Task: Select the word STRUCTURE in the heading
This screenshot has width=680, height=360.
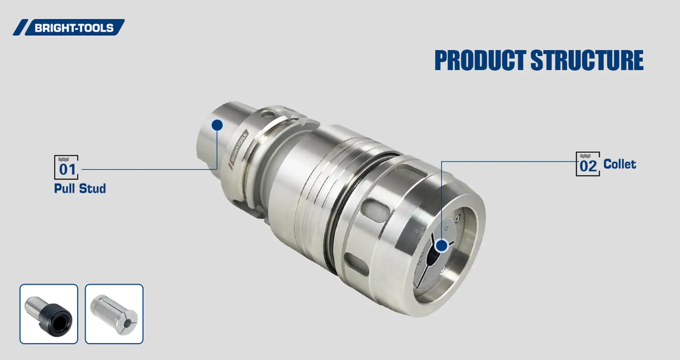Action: tap(587, 60)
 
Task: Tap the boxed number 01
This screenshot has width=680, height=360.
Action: tap(66, 168)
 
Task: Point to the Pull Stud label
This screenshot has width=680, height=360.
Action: tap(80, 188)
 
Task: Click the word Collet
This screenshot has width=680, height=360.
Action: tap(619, 164)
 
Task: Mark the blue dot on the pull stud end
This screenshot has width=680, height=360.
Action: tap(217, 125)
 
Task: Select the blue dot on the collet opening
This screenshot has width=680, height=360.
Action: tap(442, 245)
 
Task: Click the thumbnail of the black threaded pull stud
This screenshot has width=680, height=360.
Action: tap(49, 314)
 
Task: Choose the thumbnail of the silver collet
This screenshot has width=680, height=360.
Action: tap(114, 314)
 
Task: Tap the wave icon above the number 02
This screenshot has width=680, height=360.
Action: tap(585, 156)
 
